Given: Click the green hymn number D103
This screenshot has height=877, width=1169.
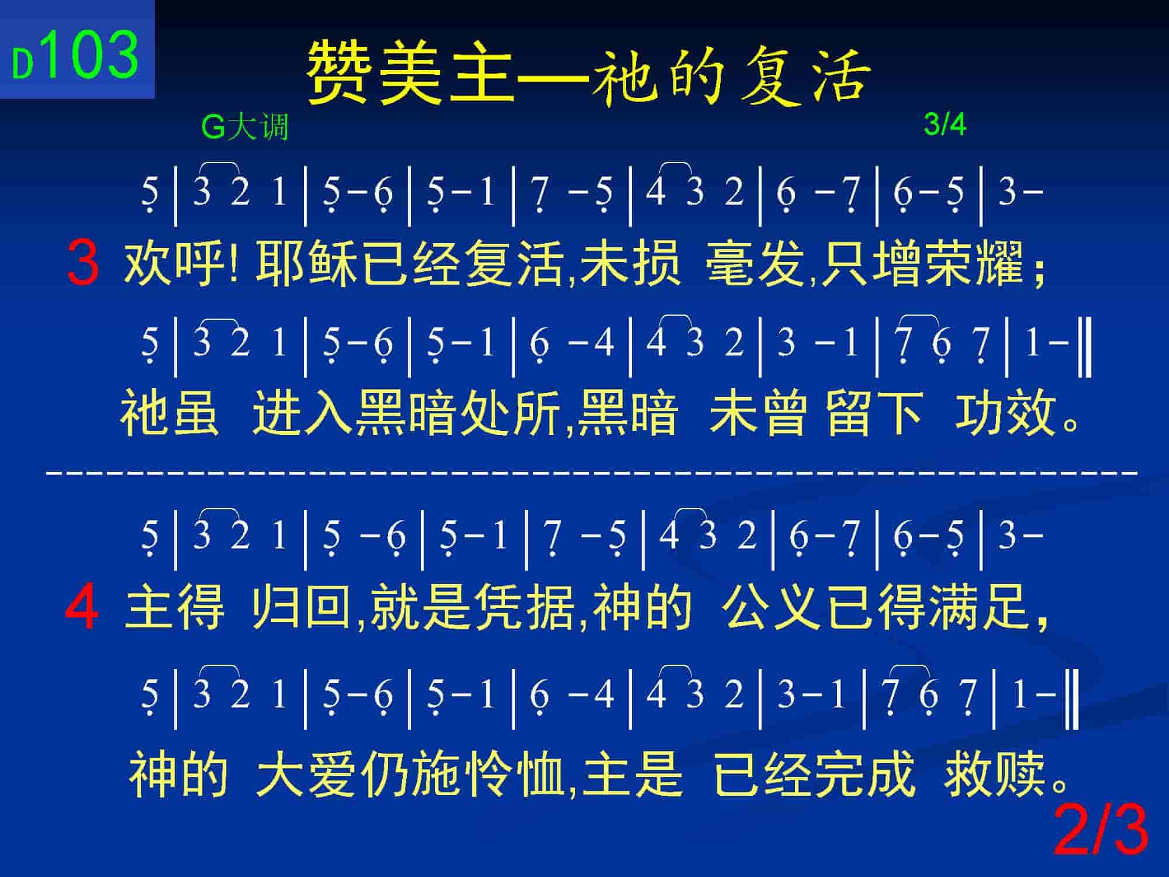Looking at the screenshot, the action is click(x=76, y=56).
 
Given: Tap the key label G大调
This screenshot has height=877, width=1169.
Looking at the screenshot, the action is click(x=245, y=127).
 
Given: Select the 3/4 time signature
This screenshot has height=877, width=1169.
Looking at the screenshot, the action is click(x=945, y=124).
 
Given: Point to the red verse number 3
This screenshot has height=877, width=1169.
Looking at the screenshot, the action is click(x=82, y=264).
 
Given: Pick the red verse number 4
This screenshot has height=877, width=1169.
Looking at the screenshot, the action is click(x=82, y=609).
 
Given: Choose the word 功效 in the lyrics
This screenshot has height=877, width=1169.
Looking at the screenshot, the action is click(x=1005, y=414).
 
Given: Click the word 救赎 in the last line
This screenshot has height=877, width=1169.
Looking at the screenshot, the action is click(x=995, y=774).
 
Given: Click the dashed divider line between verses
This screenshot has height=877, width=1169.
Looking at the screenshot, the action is click(x=592, y=471).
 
